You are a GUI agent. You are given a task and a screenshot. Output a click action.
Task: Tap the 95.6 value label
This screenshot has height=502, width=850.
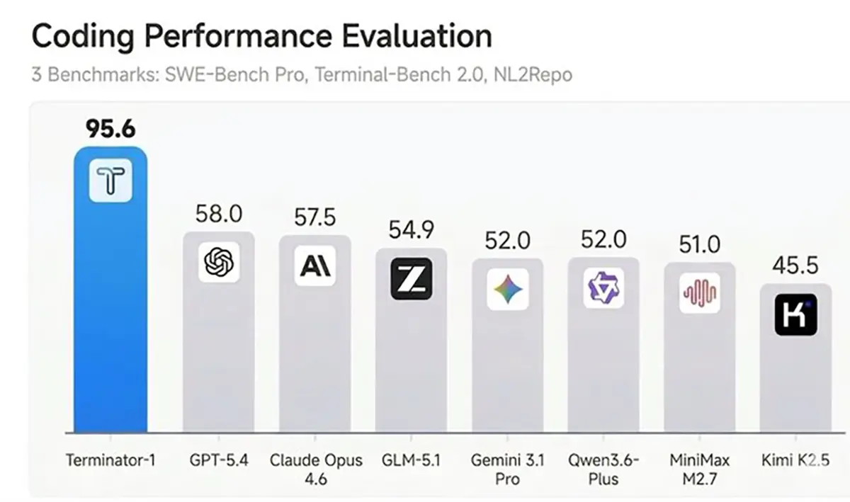(x=110, y=129)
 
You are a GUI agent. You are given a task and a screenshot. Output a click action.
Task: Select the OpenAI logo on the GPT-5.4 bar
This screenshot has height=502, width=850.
(x=218, y=263)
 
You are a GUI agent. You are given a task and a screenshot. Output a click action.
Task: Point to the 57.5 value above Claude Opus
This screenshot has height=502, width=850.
(x=315, y=217)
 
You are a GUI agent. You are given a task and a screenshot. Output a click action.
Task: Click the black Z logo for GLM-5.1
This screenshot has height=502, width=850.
(x=411, y=278)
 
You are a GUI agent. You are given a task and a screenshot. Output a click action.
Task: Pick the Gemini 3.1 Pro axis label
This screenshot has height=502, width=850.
(x=508, y=469)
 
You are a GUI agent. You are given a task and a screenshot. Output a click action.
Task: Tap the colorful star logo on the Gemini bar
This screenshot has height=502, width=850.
(x=508, y=290)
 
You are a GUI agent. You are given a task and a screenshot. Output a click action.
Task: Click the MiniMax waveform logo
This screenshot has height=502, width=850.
(x=699, y=292)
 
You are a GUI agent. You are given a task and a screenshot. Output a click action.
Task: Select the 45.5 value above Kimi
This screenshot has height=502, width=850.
(x=795, y=266)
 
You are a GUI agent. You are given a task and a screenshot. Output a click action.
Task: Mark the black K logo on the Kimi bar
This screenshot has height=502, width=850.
(x=795, y=315)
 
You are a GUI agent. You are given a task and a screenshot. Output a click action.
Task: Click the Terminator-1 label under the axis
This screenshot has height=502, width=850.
(x=110, y=460)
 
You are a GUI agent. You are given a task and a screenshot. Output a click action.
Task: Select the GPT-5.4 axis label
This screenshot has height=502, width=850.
(x=218, y=460)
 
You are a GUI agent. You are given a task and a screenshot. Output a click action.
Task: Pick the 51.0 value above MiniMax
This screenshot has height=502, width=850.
(x=699, y=245)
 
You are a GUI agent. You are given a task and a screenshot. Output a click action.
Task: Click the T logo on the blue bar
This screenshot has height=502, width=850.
(x=110, y=181)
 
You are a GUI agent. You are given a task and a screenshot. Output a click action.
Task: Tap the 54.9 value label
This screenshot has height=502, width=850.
(x=411, y=230)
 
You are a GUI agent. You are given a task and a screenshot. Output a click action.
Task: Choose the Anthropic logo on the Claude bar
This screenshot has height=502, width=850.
(x=315, y=266)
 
